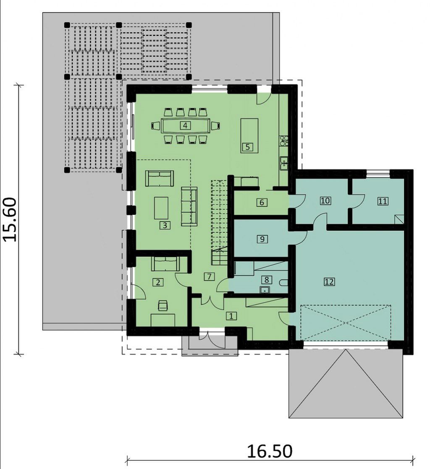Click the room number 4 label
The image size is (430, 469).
pos(185,125)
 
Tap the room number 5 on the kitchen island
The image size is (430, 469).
pos(247,147)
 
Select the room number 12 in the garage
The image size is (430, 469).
pos(329,281)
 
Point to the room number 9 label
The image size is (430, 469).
pos(262,239)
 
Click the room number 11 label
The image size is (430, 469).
pos(383,201)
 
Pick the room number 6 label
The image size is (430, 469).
pos(262,203)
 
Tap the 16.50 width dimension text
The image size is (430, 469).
pos(270,451)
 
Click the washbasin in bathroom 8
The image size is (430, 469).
pos(265,290)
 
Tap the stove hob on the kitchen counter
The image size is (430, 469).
pos(284,141)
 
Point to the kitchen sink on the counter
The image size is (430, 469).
pos(284,163)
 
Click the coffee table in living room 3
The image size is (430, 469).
pos(161,208)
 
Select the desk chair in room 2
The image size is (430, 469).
pos(163,305)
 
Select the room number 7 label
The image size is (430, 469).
pos(209,276)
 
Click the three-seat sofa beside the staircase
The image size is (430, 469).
pos(189,206)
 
